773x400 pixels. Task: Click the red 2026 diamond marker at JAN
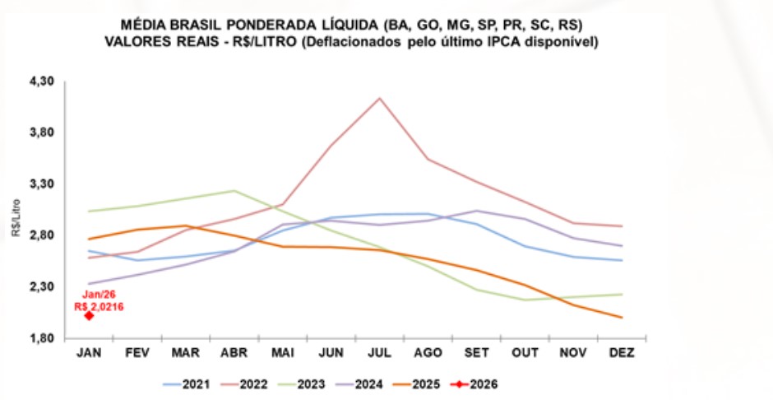[x=89, y=315]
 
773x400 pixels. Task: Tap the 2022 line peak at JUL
[x=379, y=99]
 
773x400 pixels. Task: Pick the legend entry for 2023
[x=315, y=384]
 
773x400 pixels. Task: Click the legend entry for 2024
[x=376, y=384]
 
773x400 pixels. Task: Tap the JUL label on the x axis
[x=379, y=352]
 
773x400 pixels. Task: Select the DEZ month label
[x=621, y=352]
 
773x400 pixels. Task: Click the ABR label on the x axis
[x=234, y=352]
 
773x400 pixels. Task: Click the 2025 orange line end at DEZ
[x=621, y=318]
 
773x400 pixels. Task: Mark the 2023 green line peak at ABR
[x=234, y=191]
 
